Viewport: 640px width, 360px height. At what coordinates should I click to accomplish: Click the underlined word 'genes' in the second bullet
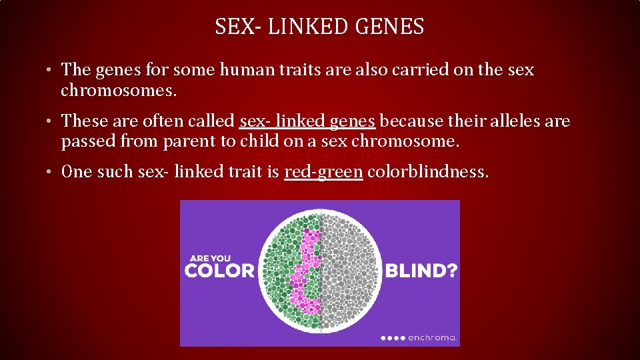(353, 121)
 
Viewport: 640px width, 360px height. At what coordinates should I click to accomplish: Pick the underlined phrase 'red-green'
(323, 172)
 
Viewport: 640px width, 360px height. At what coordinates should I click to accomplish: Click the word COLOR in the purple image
(219, 271)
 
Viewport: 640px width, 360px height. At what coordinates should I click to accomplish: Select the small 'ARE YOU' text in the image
(211, 258)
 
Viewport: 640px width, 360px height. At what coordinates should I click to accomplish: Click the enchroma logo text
(431, 338)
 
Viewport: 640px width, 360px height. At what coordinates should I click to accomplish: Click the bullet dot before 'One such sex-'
(51, 173)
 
